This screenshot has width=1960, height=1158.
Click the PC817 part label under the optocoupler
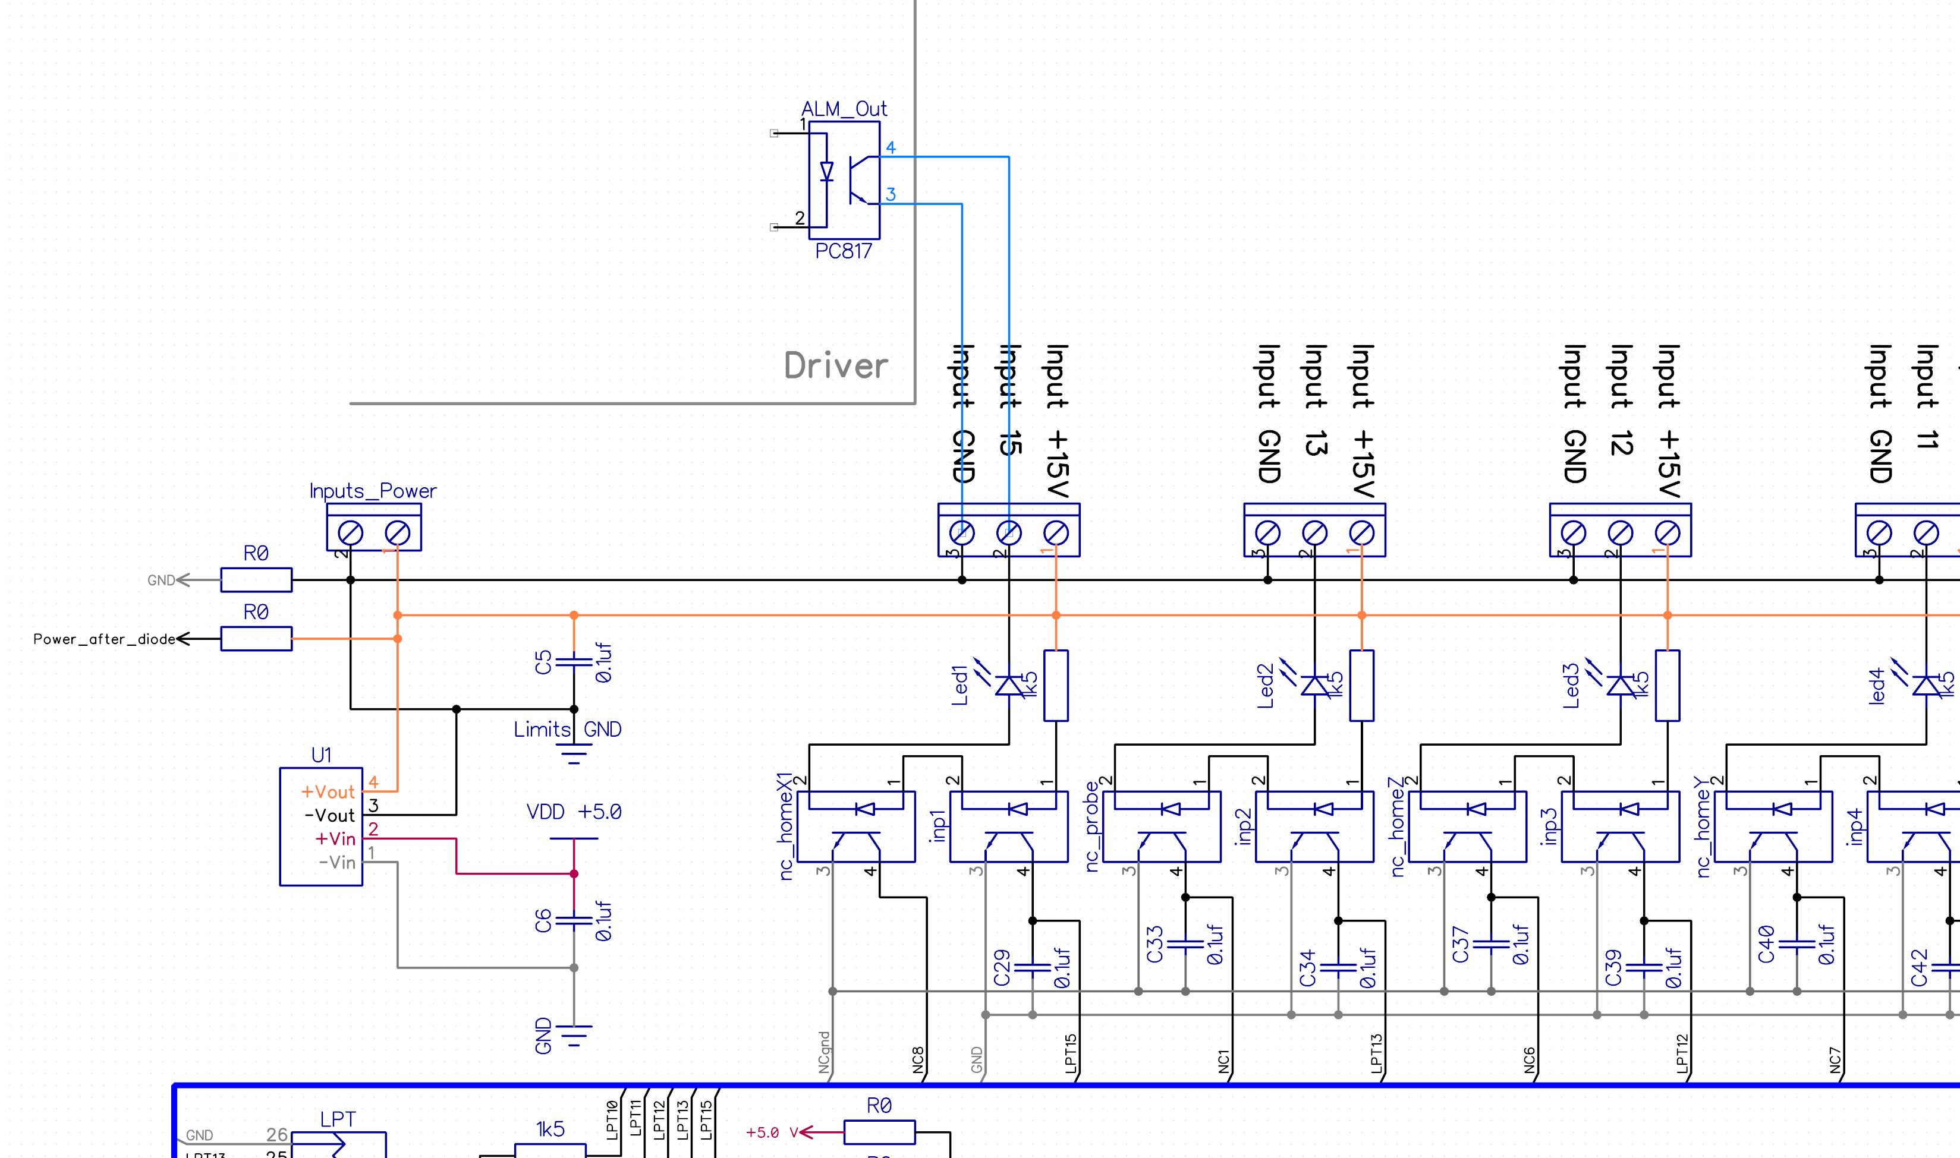843,251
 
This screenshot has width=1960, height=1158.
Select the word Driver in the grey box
836,366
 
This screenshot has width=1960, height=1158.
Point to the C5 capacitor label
543,662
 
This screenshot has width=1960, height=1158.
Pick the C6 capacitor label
543,921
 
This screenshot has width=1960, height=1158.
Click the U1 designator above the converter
321,755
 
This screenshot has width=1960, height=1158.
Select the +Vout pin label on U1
328,792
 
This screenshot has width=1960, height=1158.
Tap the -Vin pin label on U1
336,862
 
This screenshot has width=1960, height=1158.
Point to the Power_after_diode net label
104,639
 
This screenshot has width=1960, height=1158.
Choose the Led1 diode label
959,685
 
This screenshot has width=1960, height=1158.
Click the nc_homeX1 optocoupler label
786,826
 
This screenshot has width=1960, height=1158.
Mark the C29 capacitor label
1002,968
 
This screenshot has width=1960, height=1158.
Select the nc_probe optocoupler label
1092,826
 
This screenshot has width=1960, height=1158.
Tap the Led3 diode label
1571,685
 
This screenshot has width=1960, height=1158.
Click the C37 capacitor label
1461,944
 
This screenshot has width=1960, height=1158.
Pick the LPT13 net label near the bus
1376,1053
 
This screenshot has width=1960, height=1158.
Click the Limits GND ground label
568,729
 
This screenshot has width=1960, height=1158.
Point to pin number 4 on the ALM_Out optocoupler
891,147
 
